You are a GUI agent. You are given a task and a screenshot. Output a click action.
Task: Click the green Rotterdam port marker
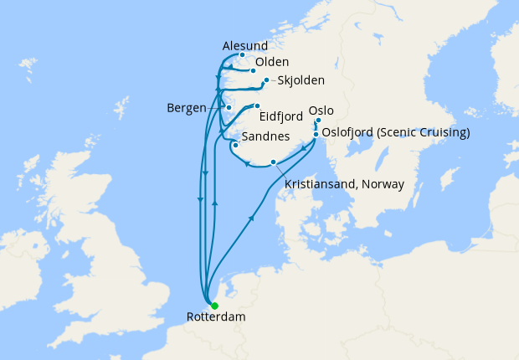214,306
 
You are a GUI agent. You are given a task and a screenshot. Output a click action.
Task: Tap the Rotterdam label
208,318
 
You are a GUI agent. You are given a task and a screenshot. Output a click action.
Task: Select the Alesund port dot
242,55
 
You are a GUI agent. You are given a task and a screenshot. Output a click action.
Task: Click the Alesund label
244,45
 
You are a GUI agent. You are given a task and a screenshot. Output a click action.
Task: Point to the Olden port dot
253,70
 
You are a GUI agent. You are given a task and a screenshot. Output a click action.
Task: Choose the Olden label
272,63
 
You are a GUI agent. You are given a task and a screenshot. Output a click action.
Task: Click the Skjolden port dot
266,80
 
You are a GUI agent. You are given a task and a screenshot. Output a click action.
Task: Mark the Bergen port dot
229,108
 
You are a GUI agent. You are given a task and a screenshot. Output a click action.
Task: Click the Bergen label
187,108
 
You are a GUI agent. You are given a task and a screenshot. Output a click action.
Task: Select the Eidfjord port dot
257,106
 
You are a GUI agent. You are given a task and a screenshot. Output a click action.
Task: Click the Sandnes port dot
236,145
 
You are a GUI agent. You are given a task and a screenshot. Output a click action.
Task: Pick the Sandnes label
265,136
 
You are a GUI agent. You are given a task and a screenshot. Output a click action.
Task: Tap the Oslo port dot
318,121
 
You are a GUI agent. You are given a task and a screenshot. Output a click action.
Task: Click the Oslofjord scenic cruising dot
316,133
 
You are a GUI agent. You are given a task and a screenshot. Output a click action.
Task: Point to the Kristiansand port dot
273,162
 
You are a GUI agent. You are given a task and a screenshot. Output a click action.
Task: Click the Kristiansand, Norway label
344,183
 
